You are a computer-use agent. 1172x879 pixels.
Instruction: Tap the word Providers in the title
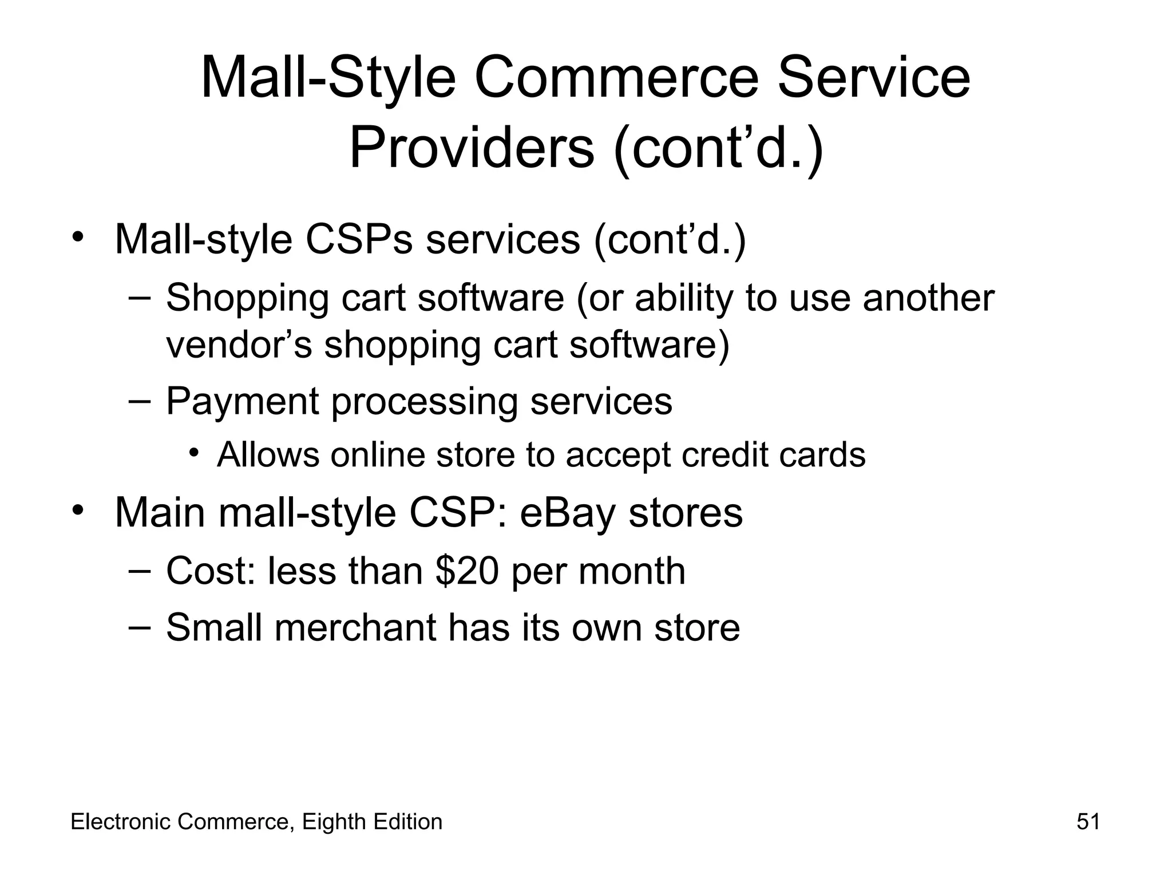[472, 148]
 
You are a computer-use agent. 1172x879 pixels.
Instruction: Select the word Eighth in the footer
[334, 822]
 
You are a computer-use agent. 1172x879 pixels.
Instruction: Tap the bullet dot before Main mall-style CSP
[78, 509]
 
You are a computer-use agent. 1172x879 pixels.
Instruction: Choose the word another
[928, 298]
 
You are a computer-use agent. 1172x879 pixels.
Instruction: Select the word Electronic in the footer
[121, 822]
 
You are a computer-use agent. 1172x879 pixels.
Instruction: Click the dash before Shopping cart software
[139, 297]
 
